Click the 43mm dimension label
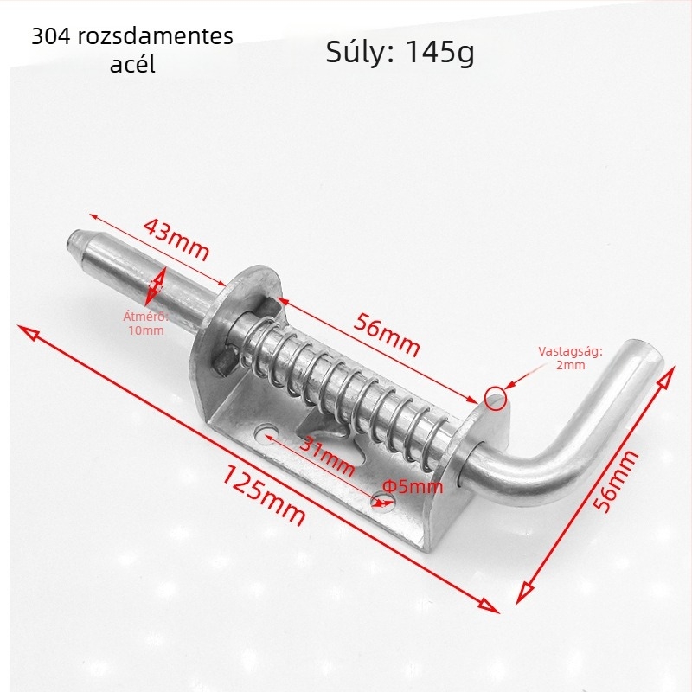point(176,240)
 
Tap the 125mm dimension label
point(263,495)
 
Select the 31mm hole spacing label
point(327,457)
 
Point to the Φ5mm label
point(413,486)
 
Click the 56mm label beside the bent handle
point(615,481)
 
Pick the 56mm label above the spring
point(387,335)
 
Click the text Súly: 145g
point(400,52)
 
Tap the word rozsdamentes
point(156,35)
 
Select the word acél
point(132,64)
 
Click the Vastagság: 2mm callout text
point(570,358)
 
